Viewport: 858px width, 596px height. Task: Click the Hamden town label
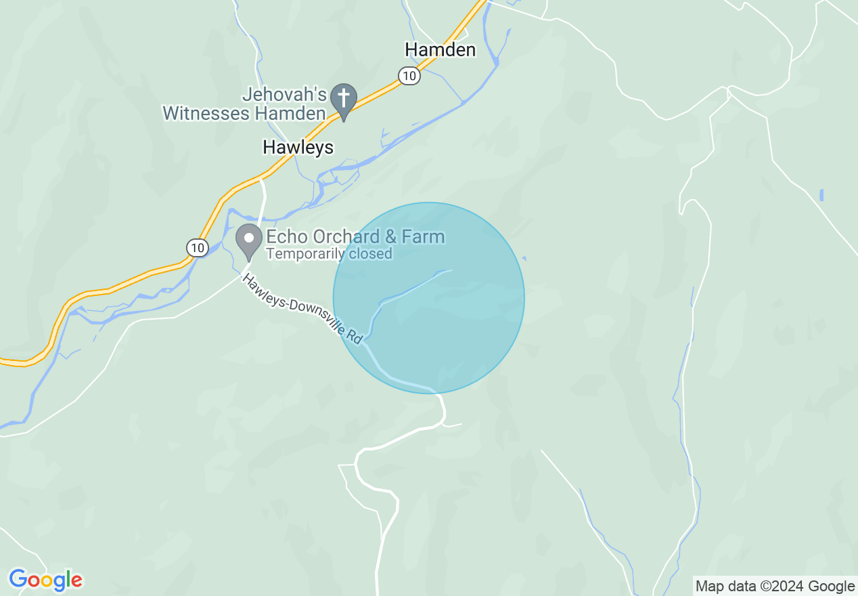click(x=440, y=49)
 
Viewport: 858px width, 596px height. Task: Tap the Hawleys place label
click(x=298, y=147)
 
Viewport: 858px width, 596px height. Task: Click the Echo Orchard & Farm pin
click(x=249, y=240)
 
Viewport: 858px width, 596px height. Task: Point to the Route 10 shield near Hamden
click(x=408, y=76)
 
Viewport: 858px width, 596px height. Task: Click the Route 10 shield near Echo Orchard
click(x=197, y=248)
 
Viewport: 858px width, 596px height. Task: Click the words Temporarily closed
click(x=329, y=254)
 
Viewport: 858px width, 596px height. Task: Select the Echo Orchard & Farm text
click(x=355, y=236)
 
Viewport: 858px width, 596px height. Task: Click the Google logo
click(x=45, y=580)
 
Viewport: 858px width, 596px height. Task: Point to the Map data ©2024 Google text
click(x=775, y=587)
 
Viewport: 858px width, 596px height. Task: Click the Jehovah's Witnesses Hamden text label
click(x=245, y=104)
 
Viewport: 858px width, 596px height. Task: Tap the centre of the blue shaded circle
click(x=428, y=298)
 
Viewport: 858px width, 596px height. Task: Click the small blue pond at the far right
click(x=821, y=195)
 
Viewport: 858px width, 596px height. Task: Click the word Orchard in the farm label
click(x=347, y=236)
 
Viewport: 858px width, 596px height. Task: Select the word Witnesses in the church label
click(x=206, y=112)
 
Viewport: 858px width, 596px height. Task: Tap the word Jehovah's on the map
click(x=285, y=95)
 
